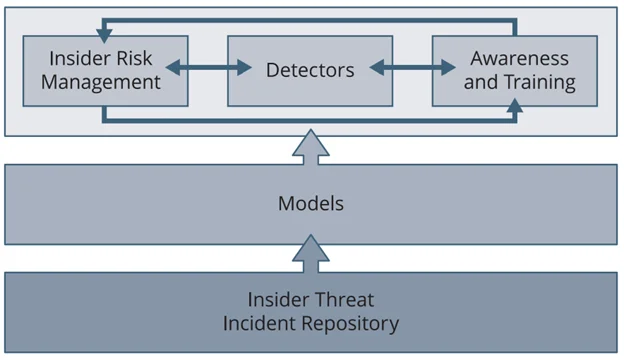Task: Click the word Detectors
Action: tap(310, 70)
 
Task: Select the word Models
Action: tap(310, 204)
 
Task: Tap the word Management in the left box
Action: tap(105, 82)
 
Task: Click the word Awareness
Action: tap(518, 58)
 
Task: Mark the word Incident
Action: tap(259, 323)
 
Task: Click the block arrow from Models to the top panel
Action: tap(310, 144)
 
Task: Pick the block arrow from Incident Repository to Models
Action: tap(310, 253)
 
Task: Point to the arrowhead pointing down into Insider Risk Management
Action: tap(103, 34)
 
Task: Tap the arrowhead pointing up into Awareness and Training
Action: tap(516, 112)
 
